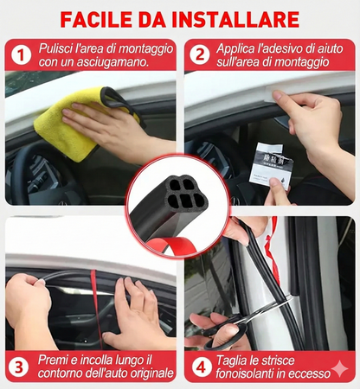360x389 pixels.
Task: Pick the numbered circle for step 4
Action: [x=201, y=367]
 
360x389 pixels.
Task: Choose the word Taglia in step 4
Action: [x=235, y=359]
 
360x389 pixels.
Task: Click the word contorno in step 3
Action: [x=62, y=374]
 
